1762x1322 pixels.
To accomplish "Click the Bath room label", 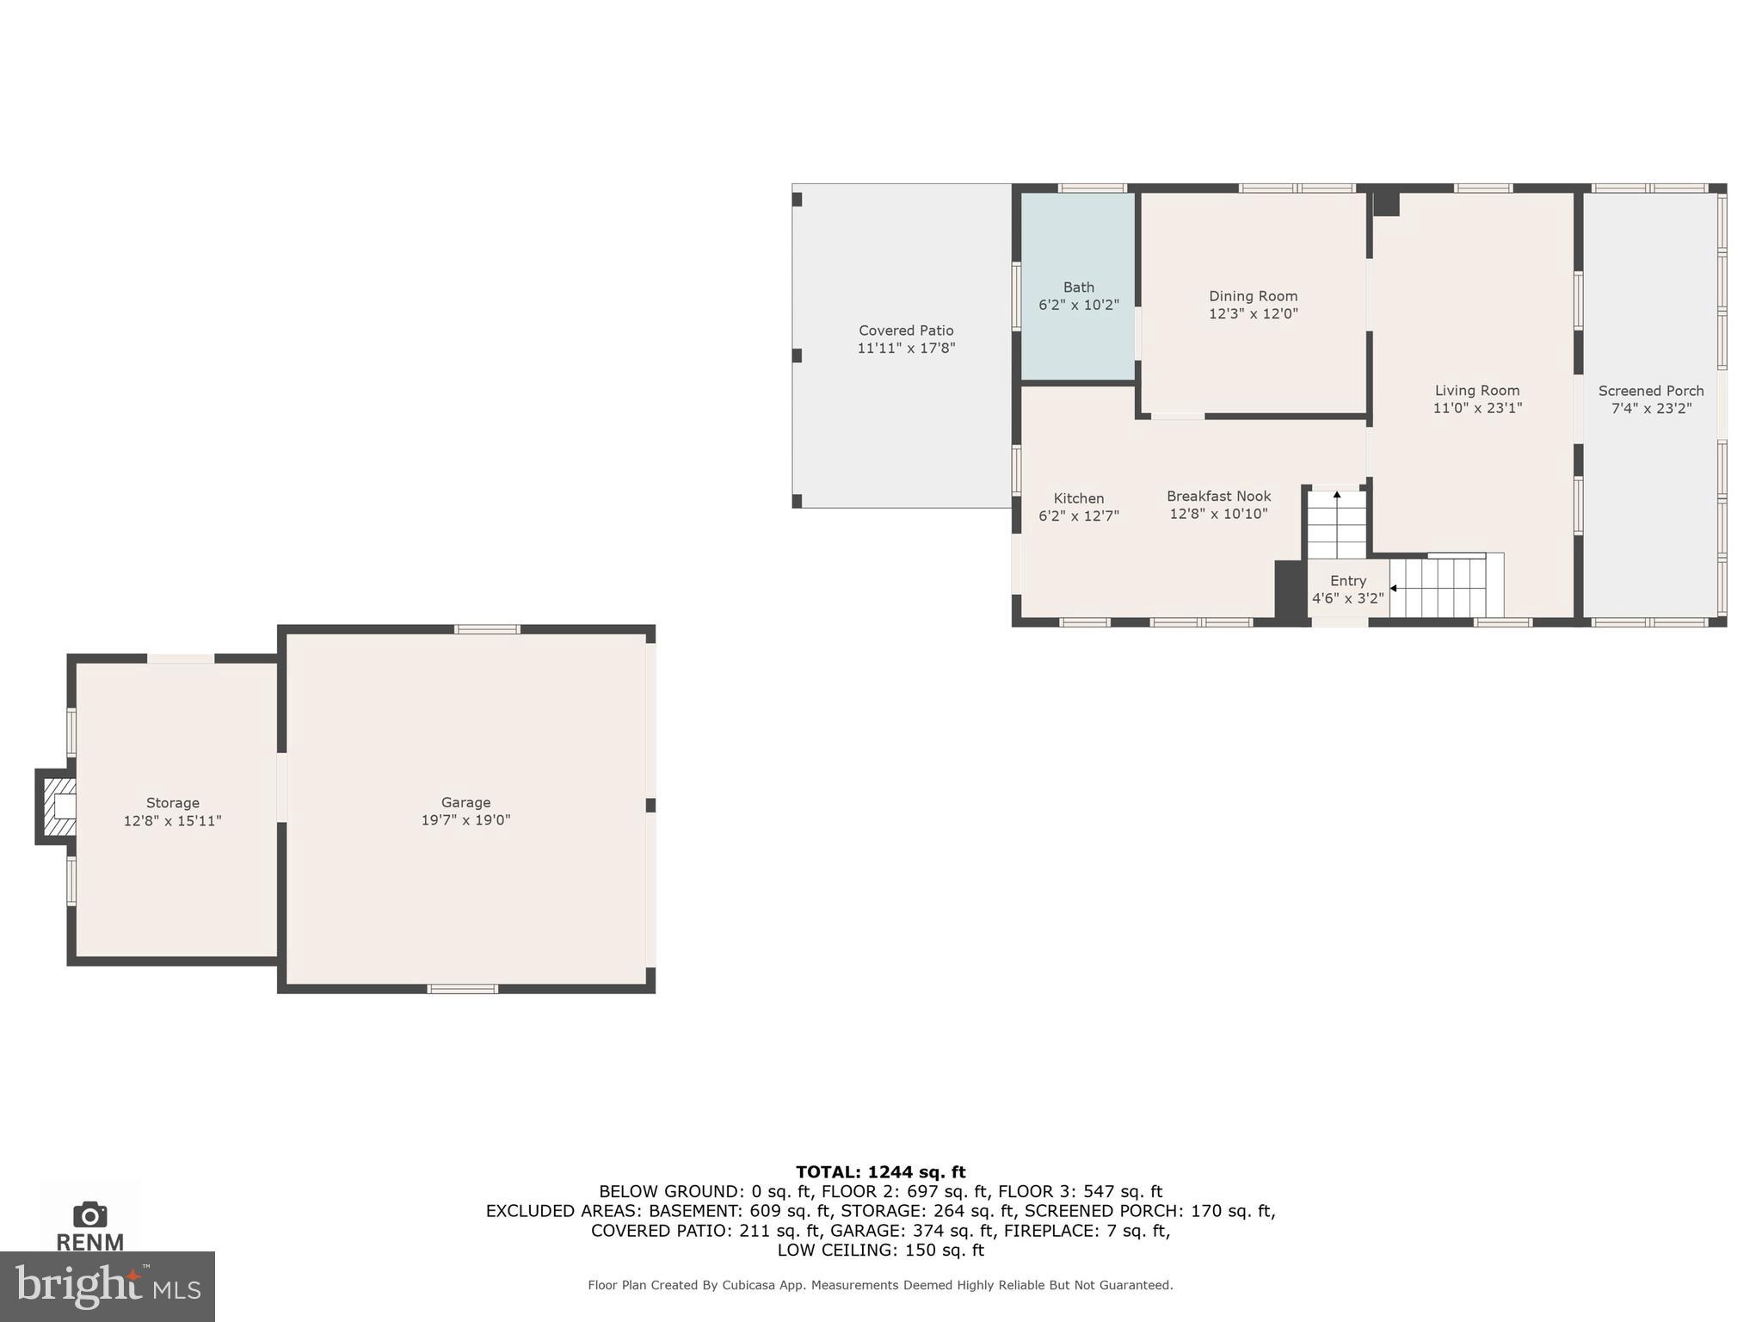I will (x=1078, y=287).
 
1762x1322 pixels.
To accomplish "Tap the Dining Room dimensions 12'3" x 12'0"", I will (x=1253, y=314).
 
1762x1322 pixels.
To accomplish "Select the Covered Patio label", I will (x=906, y=330).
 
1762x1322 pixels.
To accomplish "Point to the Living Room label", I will (x=1476, y=391).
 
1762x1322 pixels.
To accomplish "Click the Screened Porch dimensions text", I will (x=1650, y=409).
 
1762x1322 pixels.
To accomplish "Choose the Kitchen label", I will (x=1078, y=498).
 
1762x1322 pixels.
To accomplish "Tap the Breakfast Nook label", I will (x=1218, y=496).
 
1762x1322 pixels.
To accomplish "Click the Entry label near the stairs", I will (x=1347, y=581).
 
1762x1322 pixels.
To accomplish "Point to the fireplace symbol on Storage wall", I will (x=58, y=807).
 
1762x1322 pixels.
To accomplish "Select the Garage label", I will (x=465, y=802).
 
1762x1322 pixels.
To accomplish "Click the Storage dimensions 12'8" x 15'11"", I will (x=172, y=821).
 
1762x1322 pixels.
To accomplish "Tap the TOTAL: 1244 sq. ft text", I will (x=880, y=1171).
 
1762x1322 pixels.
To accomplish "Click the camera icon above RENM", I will (x=90, y=1214).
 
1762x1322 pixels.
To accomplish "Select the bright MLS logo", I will (x=107, y=1286).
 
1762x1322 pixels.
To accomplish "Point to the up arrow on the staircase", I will (x=1336, y=496).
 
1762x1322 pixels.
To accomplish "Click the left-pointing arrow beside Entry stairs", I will (x=1393, y=589).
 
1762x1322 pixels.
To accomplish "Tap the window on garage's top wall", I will (x=487, y=629).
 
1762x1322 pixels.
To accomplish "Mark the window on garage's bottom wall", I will (x=462, y=989).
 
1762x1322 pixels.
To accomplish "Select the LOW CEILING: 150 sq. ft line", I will (x=880, y=1250).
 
